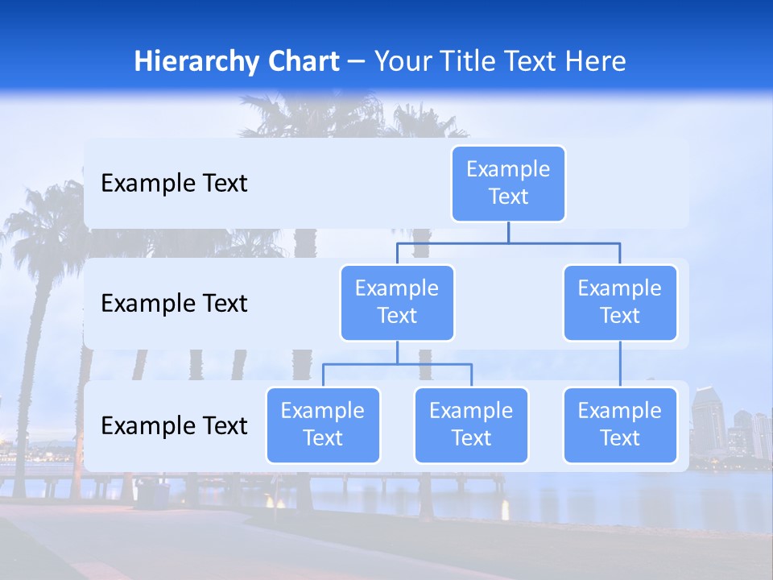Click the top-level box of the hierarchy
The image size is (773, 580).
pyautogui.click(x=508, y=183)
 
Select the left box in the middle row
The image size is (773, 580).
pyautogui.click(x=397, y=302)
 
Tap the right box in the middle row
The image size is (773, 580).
pyautogui.click(x=620, y=302)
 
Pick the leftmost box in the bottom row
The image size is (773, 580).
pyautogui.click(x=323, y=425)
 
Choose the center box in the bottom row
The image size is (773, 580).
pyautogui.click(x=471, y=425)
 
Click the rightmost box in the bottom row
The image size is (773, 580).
pyautogui.click(x=620, y=425)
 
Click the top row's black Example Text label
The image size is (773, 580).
pyautogui.click(x=174, y=184)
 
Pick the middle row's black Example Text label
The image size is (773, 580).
pyautogui.click(x=174, y=304)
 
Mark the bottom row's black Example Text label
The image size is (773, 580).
pyautogui.click(x=174, y=426)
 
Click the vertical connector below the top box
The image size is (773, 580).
pyautogui.click(x=508, y=232)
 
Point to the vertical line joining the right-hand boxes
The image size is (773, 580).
pyautogui.click(x=620, y=364)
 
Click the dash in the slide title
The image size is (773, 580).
pyautogui.click(x=357, y=62)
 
